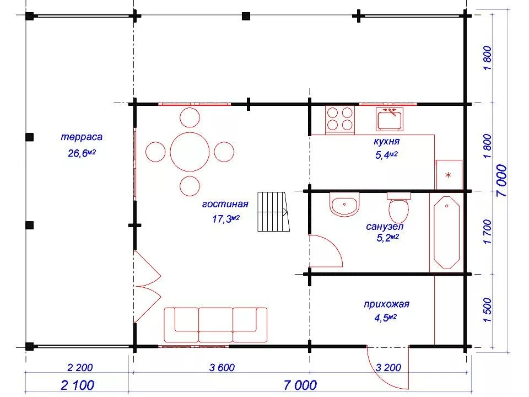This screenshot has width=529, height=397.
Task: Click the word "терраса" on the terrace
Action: click(82, 137)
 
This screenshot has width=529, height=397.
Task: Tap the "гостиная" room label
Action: click(225, 204)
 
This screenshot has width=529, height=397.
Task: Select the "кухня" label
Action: click(387, 142)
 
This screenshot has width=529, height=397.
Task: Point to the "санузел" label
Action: click(385, 227)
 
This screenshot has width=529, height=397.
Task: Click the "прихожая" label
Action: click(387, 304)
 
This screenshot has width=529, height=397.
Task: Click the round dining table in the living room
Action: click(190, 152)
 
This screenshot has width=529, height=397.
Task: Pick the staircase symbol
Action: click(274, 212)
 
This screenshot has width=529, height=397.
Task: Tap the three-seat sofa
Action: click(215, 325)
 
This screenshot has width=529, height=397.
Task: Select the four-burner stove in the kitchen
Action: click(340, 120)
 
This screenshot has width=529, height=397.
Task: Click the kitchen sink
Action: click(390, 119)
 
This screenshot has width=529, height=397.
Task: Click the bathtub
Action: click(446, 232)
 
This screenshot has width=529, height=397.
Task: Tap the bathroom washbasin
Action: click(344, 205)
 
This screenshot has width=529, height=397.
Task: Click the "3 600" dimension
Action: click(222, 367)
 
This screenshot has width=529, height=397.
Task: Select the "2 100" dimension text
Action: click(78, 385)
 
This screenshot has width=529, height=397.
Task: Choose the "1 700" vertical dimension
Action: click(488, 232)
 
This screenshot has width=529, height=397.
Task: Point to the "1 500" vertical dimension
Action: click(488, 310)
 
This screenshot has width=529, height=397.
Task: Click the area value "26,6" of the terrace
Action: click(78, 154)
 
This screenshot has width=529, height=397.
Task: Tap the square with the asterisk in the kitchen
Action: click(449, 175)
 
